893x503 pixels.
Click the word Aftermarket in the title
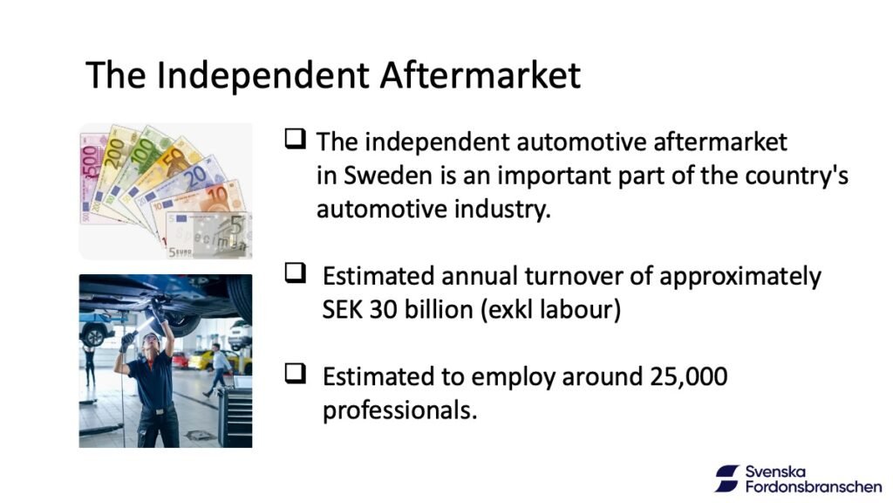pyautogui.click(x=481, y=75)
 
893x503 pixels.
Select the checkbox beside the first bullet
pyautogui.click(x=295, y=139)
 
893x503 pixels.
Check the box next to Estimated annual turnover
pyautogui.click(x=295, y=272)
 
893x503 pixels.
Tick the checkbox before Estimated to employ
pyautogui.click(x=295, y=374)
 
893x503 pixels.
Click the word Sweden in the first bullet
pyautogui.click(x=388, y=175)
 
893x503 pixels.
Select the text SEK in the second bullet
pyautogui.click(x=341, y=310)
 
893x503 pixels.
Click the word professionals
pyautogui.click(x=399, y=410)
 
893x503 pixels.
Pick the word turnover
pyautogui.click(x=574, y=276)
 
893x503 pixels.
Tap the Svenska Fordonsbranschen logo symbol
pyautogui.click(x=727, y=479)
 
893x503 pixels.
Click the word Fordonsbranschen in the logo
pyautogui.click(x=814, y=487)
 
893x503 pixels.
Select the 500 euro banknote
pyautogui.click(x=91, y=176)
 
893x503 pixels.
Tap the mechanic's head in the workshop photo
pyautogui.click(x=151, y=343)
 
